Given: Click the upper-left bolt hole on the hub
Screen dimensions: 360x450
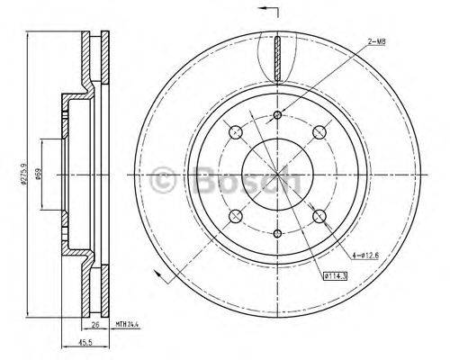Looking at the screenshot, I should [236, 132].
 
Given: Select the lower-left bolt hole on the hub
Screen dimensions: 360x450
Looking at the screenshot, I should [236, 215].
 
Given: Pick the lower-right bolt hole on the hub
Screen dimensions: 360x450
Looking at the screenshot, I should [319, 215].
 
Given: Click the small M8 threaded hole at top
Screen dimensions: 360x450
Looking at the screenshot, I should [277, 114].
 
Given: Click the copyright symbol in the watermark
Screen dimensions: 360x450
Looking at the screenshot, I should [166, 178].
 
